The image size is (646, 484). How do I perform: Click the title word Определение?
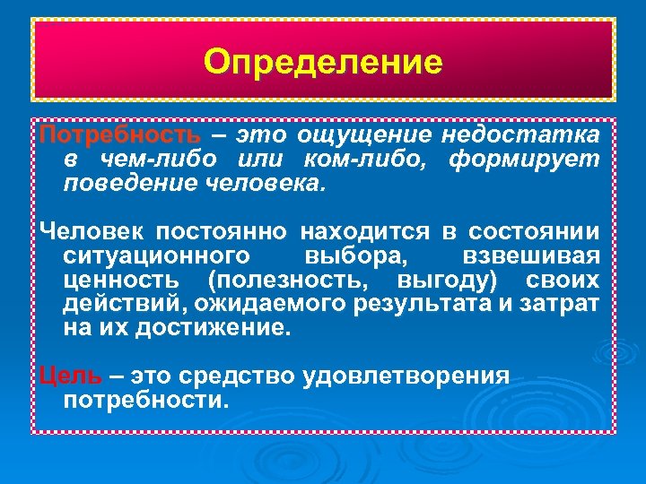pyautogui.click(x=323, y=62)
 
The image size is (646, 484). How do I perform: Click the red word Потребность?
pyautogui.click(x=120, y=136)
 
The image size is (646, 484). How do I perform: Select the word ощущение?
pyautogui.click(x=368, y=136)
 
